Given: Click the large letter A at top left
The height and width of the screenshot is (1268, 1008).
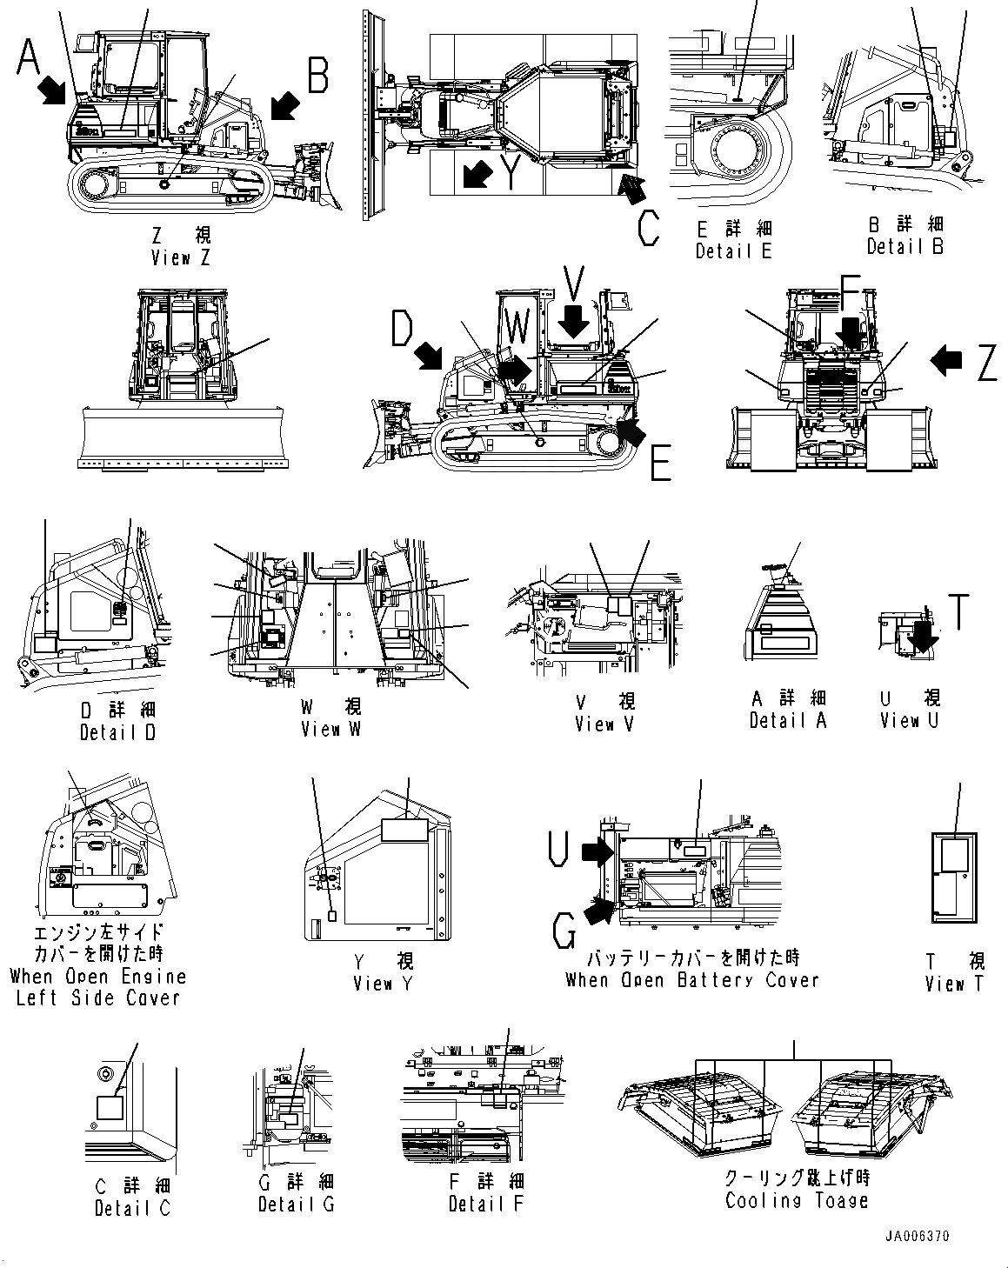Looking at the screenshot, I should click(x=29, y=58).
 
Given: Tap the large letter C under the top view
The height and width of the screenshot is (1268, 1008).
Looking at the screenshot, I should click(x=648, y=228).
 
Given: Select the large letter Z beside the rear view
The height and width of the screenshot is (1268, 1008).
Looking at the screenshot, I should click(x=986, y=363).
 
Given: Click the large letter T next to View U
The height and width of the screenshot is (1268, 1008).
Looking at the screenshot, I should click(x=958, y=611).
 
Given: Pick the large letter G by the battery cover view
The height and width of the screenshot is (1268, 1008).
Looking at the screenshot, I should click(x=565, y=936).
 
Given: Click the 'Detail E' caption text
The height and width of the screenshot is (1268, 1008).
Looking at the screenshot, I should click(x=733, y=250).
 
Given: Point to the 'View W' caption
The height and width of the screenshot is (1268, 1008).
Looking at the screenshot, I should click(x=330, y=729).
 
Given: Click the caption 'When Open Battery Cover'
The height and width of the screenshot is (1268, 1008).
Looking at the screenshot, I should click(x=692, y=980).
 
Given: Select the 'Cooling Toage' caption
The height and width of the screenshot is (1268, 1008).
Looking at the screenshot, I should click(x=797, y=1201).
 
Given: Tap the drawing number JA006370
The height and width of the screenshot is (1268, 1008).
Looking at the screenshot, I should click(x=918, y=1236).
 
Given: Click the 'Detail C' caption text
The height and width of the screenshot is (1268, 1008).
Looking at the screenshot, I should click(x=132, y=1208).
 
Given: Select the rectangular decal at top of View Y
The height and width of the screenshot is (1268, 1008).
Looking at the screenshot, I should click(x=405, y=831).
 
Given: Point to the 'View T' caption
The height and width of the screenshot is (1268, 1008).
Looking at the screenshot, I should click(x=956, y=984).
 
